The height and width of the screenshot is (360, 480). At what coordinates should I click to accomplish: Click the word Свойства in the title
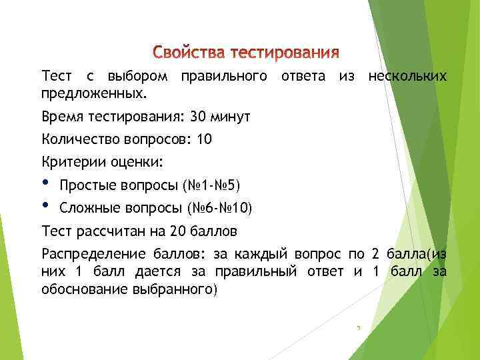tap(189, 52)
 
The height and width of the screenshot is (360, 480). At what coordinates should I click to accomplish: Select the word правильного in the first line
tap(219, 77)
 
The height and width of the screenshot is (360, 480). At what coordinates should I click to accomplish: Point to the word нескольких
tap(407, 77)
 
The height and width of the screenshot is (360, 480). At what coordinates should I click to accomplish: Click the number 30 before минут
tap(198, 117)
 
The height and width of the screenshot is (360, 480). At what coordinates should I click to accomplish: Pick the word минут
tap(231, 117)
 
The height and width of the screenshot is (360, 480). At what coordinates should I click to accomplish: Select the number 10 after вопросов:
tap(204, 139)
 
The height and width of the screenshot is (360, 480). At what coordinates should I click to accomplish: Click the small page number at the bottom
tap(358, 327)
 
